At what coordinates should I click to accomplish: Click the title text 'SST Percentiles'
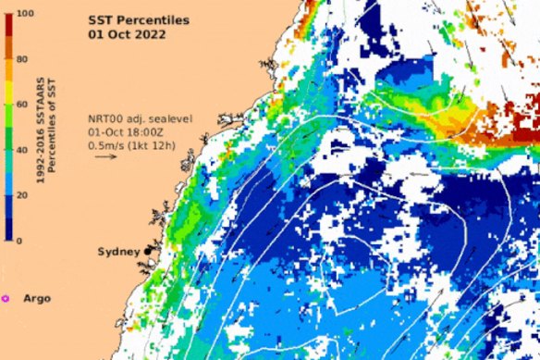136,19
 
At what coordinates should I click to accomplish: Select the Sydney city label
117,252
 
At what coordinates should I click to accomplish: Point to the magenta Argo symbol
6,298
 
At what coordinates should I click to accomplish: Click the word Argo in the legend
38,298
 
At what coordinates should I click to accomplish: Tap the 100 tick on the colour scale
25,14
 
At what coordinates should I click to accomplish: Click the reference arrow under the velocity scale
105,156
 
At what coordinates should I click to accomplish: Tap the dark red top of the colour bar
6,28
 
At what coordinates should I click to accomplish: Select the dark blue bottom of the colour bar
6,227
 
